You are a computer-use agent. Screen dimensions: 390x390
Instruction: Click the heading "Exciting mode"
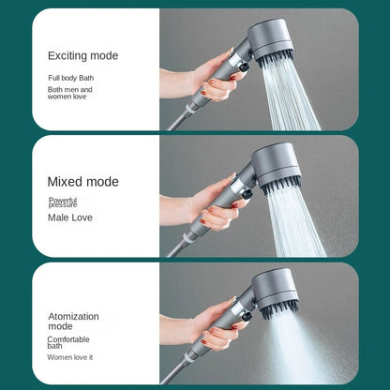pos(82,55)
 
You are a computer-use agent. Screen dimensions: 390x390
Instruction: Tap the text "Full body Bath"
pos(71,78)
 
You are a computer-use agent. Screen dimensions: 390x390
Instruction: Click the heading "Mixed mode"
pos(82,182)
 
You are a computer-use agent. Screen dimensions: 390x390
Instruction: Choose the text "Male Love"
pos(70,217)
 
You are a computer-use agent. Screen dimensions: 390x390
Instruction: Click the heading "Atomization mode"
pos(73,322)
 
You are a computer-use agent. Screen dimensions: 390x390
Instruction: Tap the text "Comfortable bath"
pos(68,342)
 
